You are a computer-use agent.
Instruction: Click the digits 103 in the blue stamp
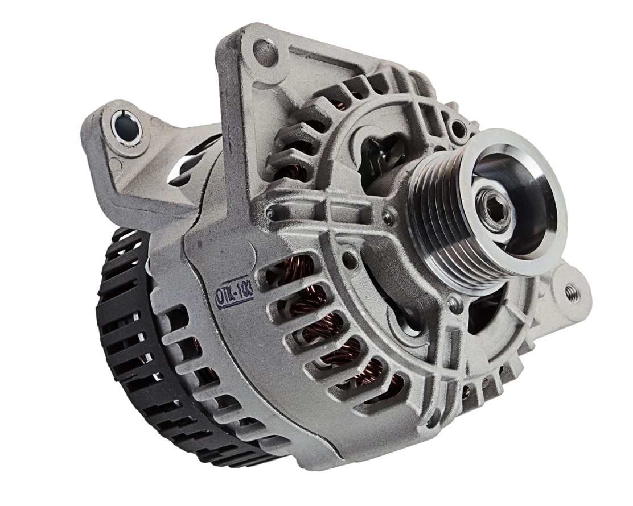tap(245, 291)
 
